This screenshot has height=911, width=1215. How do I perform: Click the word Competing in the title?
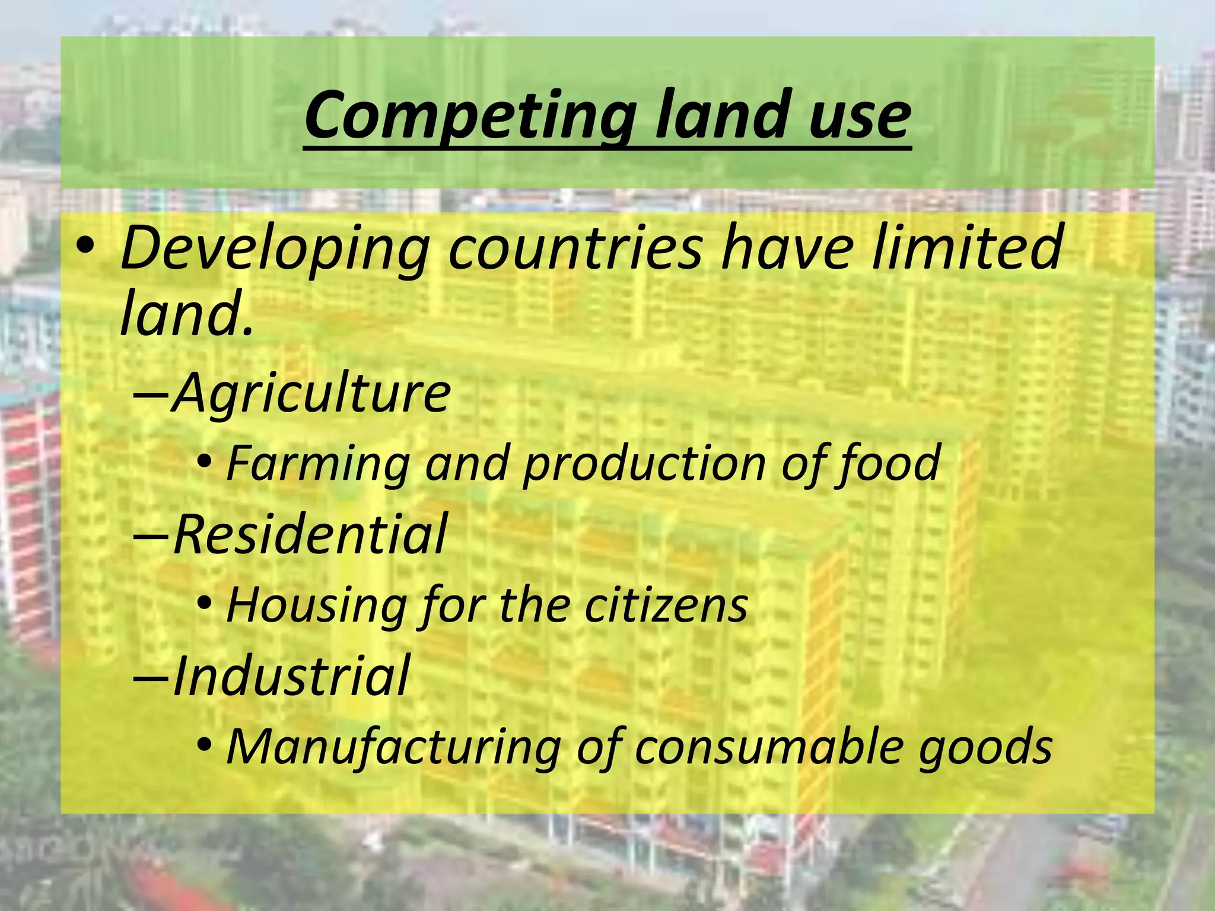471,114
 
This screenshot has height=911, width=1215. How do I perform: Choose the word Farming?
319,463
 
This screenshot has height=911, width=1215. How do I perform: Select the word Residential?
310,534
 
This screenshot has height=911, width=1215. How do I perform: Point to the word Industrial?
291,676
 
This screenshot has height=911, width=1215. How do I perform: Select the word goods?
985,746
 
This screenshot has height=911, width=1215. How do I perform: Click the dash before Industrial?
151,676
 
